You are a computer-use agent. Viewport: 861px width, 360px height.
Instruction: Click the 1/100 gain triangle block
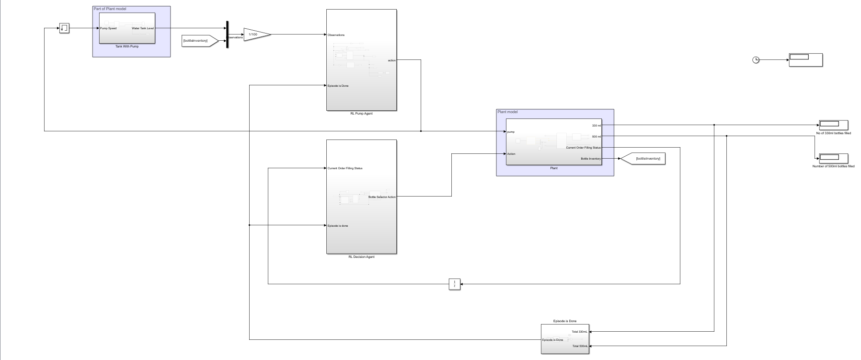click(255, 35)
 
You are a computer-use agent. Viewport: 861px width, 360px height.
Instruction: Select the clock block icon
click(756, 60)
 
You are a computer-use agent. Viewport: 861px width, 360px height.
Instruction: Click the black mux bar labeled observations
click(228, 35)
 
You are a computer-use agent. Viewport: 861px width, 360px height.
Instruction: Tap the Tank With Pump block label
click(127, 46)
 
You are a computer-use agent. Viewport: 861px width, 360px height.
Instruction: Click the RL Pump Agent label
click(361, 114)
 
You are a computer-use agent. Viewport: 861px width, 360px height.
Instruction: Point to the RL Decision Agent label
click(361, 257)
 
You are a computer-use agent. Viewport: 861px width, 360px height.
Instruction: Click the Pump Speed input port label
click(109, 28)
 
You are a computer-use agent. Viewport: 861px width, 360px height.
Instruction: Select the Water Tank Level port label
click(143, 28)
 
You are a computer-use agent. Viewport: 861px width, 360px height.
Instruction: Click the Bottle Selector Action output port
click(382, 197)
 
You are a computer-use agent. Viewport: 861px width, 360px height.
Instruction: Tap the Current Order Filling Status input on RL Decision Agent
click(345, 168)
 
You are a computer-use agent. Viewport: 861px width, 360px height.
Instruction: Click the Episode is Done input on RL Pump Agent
click(338, 86)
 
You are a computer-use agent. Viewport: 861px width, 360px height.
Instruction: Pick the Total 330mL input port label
click(579, 332)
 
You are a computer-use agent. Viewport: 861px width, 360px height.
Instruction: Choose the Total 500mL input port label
click(580, 346)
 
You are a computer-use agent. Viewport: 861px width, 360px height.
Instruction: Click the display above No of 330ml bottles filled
click(833, 125)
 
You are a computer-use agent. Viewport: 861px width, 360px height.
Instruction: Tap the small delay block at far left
click(64, 28)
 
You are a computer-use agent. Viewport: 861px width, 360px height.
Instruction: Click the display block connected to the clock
click(805, 60)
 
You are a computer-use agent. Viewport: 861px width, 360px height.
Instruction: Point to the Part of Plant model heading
click(110, 9)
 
